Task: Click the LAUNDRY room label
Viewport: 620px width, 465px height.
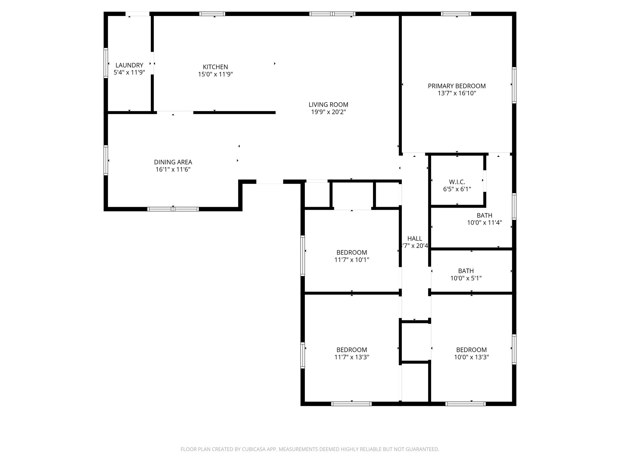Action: (129, 65)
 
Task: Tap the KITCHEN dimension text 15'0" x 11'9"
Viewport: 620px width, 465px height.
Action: (215, 74)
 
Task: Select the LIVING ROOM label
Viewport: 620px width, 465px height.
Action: (328, 105)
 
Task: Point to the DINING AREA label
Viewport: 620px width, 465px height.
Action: (173, 162)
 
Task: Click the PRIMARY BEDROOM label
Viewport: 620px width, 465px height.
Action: (457, 86)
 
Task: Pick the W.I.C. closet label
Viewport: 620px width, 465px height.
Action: (457, 182)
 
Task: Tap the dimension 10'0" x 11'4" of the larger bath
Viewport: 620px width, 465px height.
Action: (484, 223)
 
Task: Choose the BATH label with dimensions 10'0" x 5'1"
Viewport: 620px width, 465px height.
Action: (466, 271)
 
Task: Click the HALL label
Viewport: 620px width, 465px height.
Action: (414, 239)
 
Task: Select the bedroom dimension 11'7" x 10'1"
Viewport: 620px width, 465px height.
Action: (351, 260)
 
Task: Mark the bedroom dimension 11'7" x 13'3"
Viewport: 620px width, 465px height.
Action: (351, 357)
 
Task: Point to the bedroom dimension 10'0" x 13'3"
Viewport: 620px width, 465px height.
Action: (471, 357)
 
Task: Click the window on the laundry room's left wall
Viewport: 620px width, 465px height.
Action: (106, 63)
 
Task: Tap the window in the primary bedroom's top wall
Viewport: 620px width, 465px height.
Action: (456, 14)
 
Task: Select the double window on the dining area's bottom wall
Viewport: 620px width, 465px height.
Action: (173, 209)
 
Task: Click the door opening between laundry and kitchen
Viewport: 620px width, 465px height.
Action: (152, 63)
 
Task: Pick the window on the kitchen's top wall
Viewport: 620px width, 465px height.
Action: (212, 14)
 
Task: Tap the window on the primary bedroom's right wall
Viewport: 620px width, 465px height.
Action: (514, 85)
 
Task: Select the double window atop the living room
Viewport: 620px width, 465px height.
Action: (332, 14)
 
